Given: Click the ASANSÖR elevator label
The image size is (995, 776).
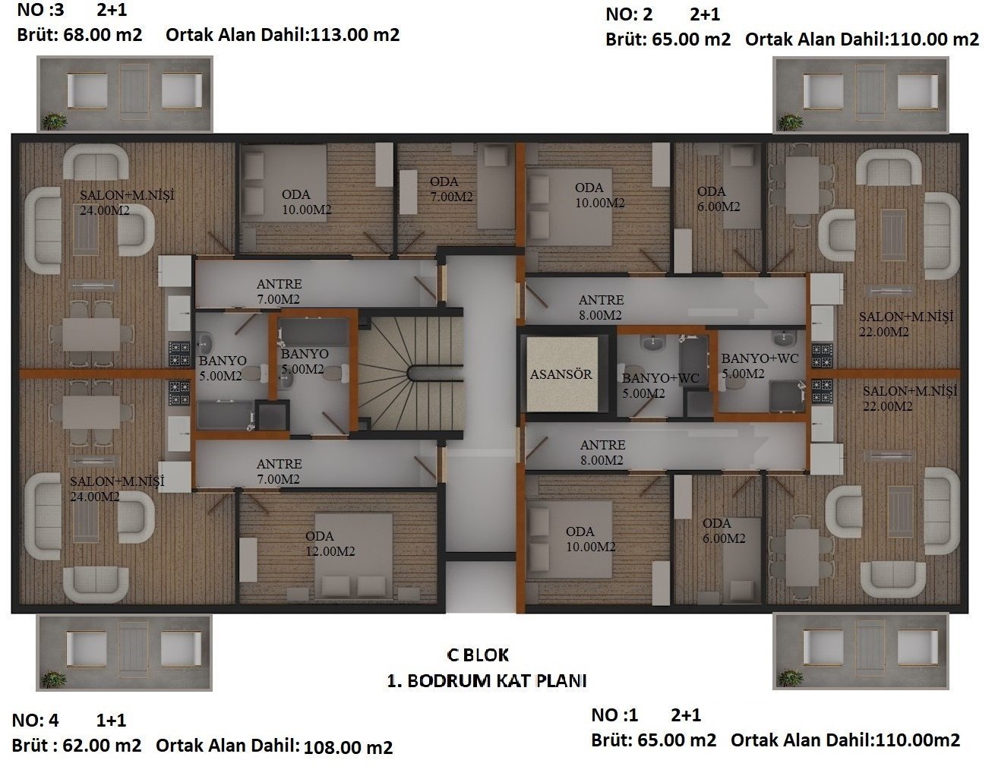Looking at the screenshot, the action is (x=561, y=374).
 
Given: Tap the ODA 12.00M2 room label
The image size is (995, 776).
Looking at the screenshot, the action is (x=330, y=544).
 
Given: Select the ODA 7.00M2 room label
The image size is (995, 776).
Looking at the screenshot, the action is (x=451, y=189).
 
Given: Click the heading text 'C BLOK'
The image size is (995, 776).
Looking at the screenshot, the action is (x=478, y=655).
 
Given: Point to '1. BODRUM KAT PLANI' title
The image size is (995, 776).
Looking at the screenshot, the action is (x=487, y=681).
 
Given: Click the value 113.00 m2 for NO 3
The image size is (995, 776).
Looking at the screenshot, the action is (x=355, y=35).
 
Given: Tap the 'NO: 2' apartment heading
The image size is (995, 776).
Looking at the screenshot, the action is (x=629, y=14).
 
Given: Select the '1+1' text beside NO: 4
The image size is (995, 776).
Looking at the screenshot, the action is (x=111, y=721).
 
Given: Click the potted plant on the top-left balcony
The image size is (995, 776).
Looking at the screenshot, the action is (x=55, y=121).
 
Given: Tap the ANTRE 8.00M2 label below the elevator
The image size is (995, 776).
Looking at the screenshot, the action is (x=602, y=452).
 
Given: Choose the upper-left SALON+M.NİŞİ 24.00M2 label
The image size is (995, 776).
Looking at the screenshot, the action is (x=127, y=202).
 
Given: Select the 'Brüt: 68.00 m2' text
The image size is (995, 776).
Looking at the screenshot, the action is (x=80, y=35).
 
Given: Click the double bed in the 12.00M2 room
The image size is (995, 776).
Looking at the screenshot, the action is (x=353, y=555).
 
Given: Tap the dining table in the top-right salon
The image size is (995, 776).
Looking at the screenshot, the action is (x=802, y=185).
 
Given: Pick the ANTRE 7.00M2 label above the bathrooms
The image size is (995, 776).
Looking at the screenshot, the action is (x=279, y=292).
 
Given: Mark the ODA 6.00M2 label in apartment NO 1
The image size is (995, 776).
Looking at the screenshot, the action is (x=724, y=531).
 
